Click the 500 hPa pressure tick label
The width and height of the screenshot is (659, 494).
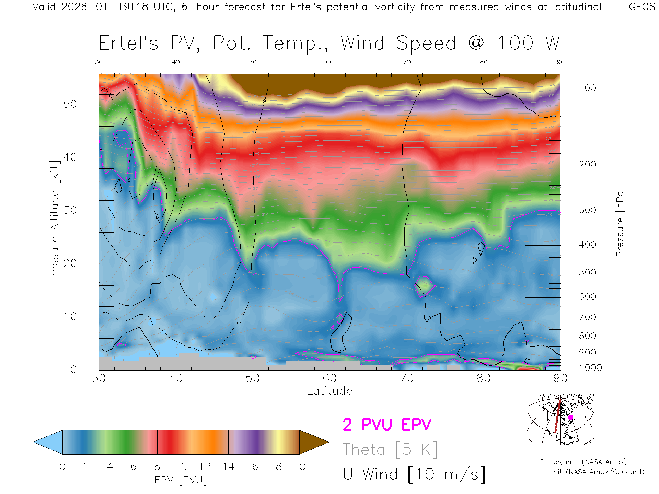point(587,272)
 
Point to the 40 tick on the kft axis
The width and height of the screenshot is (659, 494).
point(70,157)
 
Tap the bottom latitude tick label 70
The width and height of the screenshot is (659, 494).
point(407,378)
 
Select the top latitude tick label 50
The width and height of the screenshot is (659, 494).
point(253,62)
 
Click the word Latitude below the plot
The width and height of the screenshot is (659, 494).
point(329,391)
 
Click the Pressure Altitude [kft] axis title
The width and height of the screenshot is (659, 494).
point(54,222)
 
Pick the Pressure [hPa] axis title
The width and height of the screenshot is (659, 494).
point(620,222)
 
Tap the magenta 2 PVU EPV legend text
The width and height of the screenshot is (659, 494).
point(387,425)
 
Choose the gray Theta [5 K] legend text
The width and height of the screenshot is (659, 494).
point(390,449)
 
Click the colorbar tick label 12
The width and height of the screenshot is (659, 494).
point(205,467)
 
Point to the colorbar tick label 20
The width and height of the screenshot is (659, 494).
point(299,467)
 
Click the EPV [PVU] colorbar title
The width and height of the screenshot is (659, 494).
point(181,480)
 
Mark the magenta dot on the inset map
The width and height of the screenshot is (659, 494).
point(570,417)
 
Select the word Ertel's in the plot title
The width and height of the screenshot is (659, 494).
point(128,44)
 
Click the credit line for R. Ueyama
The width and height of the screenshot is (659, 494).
point(583,462)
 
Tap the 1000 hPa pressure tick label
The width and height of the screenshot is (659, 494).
point(590,368)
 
